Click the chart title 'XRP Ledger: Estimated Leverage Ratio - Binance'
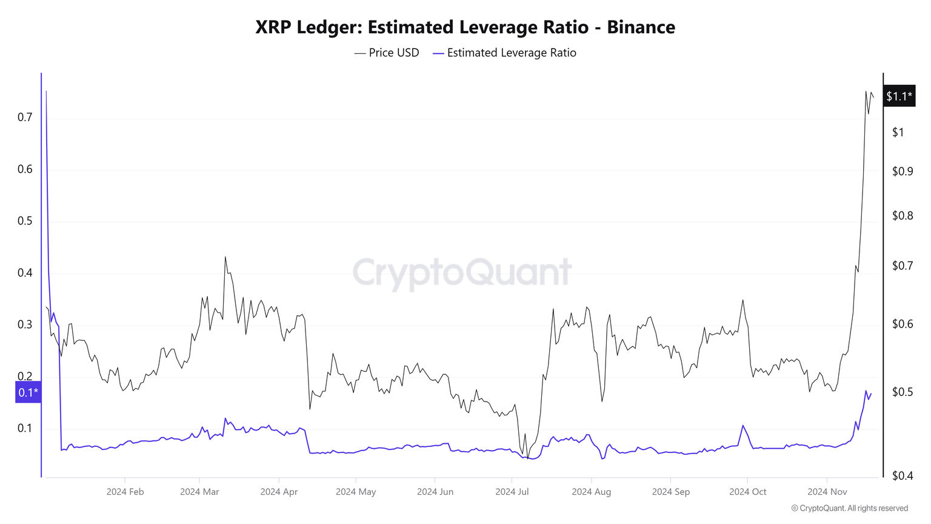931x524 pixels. point(465,27)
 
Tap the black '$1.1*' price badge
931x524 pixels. point(898,96)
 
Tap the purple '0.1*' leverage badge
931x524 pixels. point(28,392)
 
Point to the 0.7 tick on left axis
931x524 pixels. point(25,117)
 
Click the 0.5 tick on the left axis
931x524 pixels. point(25,221)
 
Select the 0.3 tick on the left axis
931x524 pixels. point(25,324)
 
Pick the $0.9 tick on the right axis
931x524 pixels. point(902,172)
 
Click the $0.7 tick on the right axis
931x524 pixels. point(902,266)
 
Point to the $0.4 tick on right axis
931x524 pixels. point(902,476)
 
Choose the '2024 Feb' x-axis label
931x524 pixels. point(125,492)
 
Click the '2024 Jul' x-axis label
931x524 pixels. point(512,492)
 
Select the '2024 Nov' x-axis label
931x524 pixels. point(827,492)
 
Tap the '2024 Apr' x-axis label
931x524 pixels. point(279,492)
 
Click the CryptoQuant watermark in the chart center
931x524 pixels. point(462,272)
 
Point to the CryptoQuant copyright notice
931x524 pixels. point(849,508)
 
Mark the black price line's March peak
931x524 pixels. point(225,257)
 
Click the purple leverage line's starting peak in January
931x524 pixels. point(46,92)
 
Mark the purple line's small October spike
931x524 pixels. point(742,425)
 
